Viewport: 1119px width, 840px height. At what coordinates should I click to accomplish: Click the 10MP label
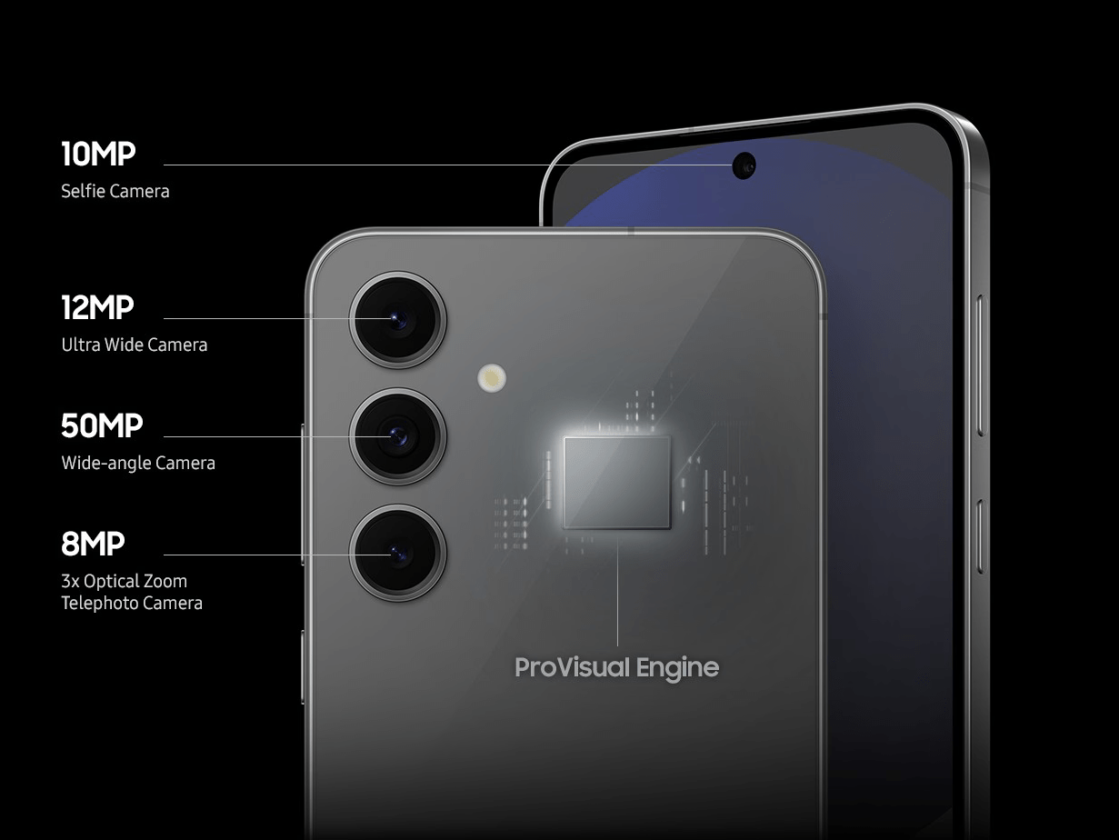point(98,154)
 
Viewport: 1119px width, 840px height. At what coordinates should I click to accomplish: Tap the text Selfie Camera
point(115,191)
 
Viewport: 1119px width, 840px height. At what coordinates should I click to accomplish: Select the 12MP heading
point(97,307)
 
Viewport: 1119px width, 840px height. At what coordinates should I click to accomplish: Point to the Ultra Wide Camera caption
point(134,345)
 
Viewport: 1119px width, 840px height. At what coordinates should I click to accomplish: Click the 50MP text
point(102,425)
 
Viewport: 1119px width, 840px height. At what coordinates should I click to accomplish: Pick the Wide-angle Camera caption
point(138,464)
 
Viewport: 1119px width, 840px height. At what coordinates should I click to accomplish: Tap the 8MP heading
point(93,544)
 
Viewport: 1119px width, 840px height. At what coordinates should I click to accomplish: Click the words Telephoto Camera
point(132,604)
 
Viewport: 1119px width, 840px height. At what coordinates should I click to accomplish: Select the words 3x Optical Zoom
point(124,581)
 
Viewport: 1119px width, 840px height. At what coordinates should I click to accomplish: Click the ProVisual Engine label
point(617,667)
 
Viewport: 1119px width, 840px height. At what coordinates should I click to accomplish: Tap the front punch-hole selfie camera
point(744,165)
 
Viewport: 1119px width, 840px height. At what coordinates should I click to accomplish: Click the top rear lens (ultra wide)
point(397,320)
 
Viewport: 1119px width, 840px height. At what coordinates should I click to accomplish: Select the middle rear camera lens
point(397,437)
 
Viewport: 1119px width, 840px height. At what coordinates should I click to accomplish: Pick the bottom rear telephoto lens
point(397,554)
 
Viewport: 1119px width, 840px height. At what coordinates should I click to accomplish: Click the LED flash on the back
point(492,378)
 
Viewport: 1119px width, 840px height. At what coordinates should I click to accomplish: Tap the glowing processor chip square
point(617,483)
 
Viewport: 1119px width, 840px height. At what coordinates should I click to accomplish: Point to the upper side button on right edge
point(981,365)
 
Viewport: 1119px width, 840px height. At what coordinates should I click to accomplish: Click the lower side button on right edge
point(981,536)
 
